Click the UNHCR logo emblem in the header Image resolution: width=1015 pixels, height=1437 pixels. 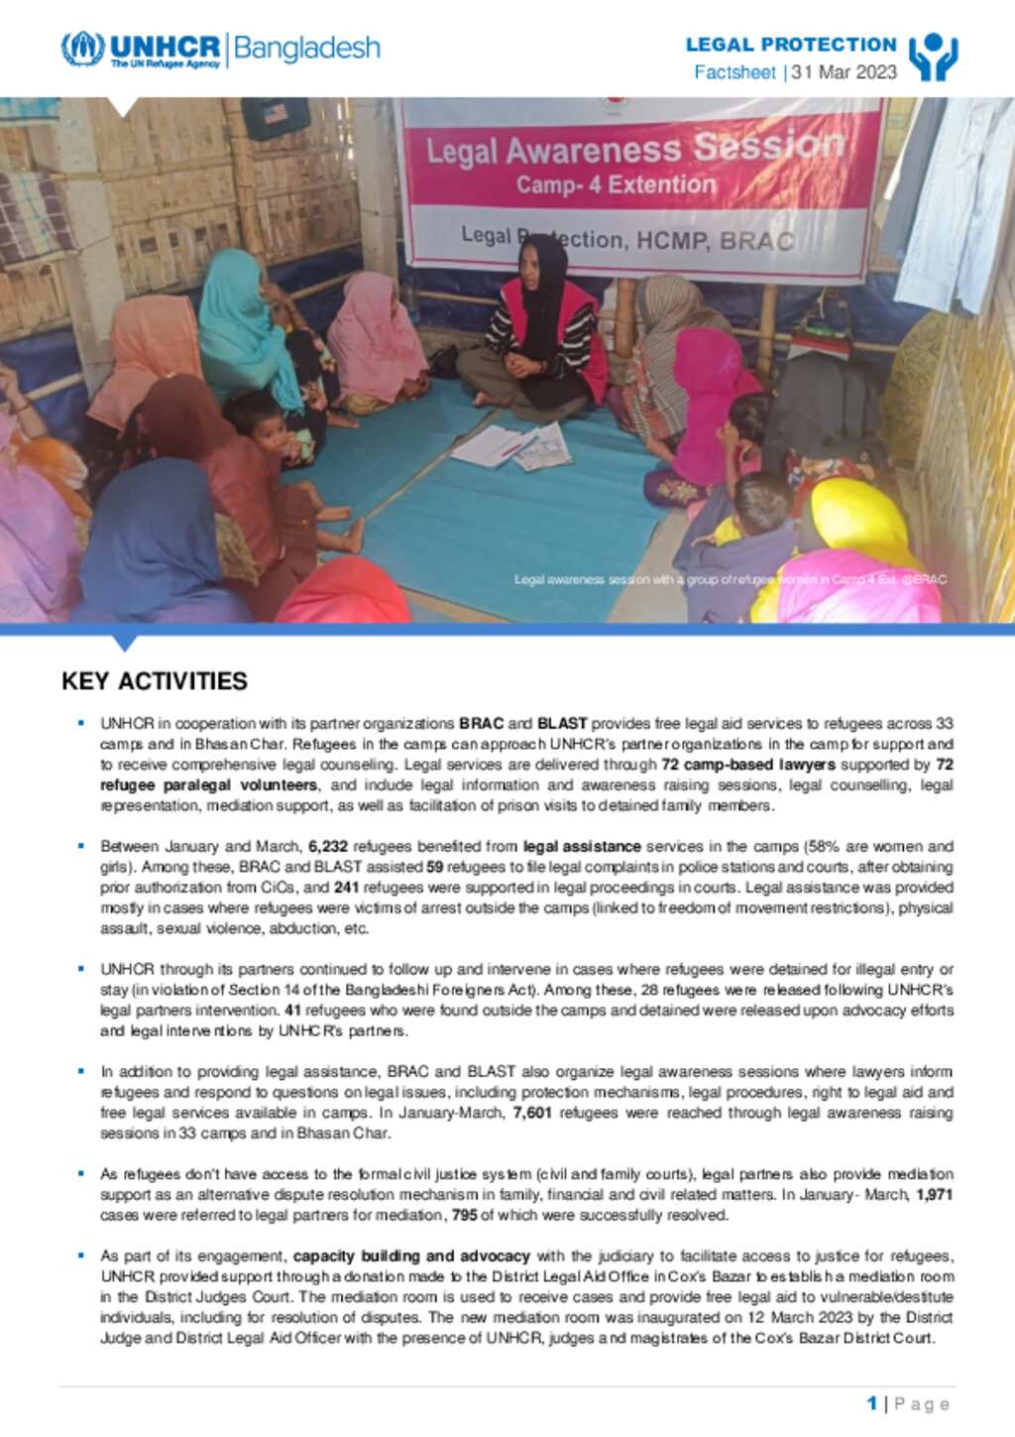click(x=82, y=49)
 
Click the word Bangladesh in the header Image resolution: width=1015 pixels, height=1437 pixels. click(x=306, y=49)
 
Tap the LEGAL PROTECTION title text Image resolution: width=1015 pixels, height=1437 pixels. click(x=791, y=45)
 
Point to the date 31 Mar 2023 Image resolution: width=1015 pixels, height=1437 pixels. click(x=845, y=72)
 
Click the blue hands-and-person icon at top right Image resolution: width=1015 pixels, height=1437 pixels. click(x=933, y=57)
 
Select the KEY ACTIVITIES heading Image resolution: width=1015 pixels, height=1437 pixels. click(x=155, y=681)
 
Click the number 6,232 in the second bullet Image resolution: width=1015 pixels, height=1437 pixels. click(x=328, y=847)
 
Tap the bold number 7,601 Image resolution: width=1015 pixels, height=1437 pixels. click(x=532, y=1113)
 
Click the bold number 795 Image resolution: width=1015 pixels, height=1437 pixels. click(x=464, y=1215)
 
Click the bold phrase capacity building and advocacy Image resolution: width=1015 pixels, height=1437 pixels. click(x=411, y=1257)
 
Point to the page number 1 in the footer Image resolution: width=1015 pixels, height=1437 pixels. click(x=872, y=1403)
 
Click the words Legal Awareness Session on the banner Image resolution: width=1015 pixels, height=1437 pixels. click(x=634, y=150)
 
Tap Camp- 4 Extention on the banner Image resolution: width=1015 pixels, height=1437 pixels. click(x=616, y=184)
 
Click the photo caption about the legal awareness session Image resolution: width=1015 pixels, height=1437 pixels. click(x=730, y=579)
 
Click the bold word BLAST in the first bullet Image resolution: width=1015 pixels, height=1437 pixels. click(x=562, y=724)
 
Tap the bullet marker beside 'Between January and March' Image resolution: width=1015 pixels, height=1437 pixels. click(x=81, y=846)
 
